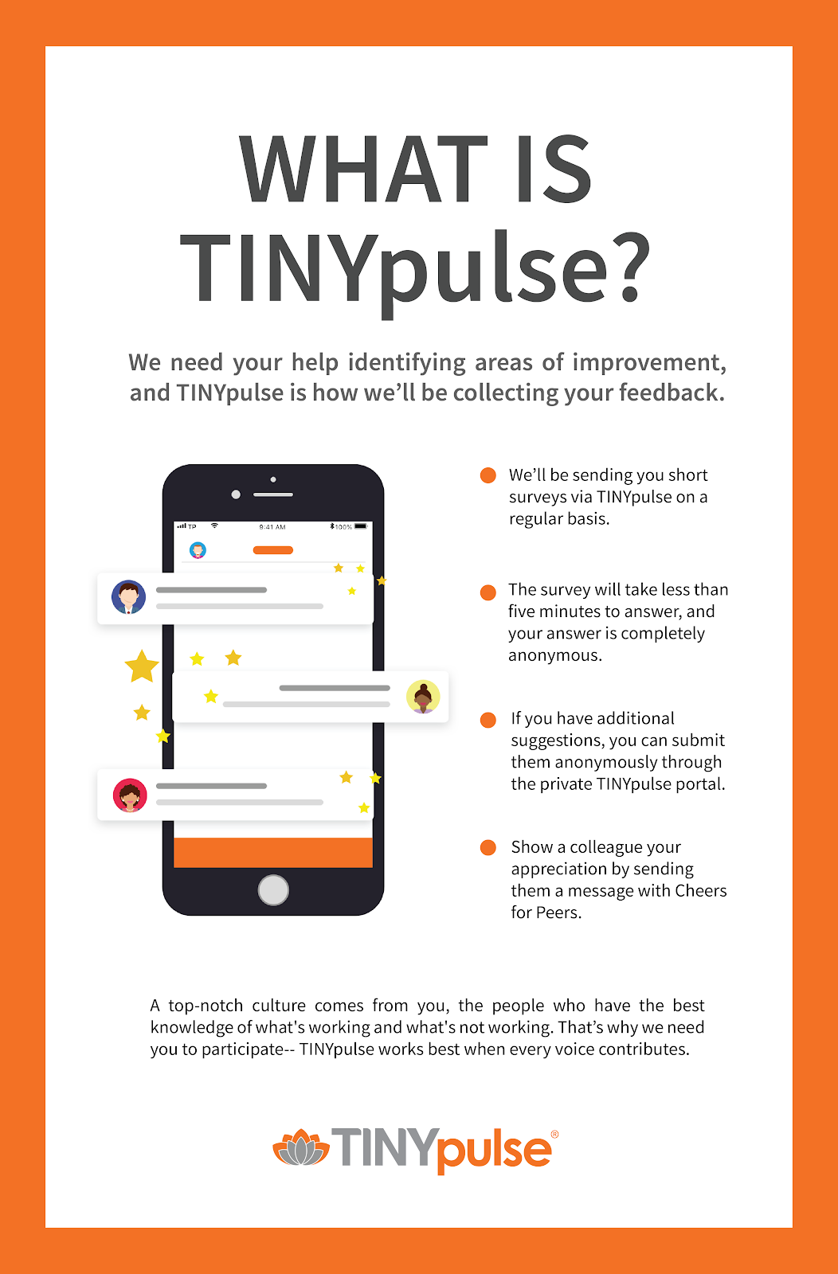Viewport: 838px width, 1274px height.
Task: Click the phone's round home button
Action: pos(273,890)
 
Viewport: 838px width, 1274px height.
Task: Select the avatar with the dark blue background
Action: pos(128,597)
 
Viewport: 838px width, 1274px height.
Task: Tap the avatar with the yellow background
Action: pos(423,697)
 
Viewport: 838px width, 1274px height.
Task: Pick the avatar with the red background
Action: pos(130,795)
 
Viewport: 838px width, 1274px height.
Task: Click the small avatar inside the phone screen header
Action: pos(198,550)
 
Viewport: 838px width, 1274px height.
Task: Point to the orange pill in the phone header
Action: pos(273,550)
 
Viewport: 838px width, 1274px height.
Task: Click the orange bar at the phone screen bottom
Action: pos(273,853)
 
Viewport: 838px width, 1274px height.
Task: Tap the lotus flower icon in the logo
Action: pos(301,1147)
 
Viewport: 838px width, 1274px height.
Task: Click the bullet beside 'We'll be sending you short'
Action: pos(488,475)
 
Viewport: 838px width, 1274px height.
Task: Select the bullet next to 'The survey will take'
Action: pos(488,592)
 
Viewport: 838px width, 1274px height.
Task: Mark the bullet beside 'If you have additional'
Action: pos(488,720)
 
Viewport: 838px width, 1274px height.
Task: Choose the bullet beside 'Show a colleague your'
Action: pos(488,847)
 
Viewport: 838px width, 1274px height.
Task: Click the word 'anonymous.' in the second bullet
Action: pos(555,655)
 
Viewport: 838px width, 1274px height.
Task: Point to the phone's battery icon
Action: pos(361,526)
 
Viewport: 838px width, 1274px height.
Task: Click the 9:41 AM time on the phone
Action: pos(272,526)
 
